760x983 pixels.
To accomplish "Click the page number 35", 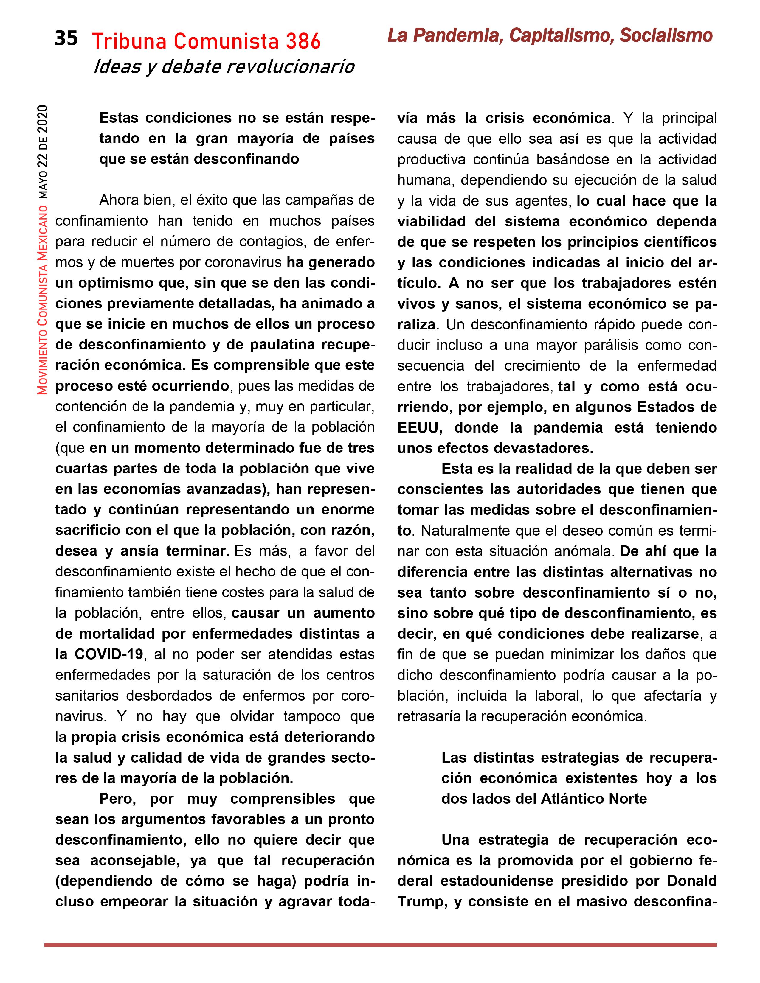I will tap(66, 39).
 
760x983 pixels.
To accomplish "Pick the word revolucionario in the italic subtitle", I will tap(290, 67).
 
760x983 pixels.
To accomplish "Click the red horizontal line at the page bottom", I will tap(380, 945).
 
